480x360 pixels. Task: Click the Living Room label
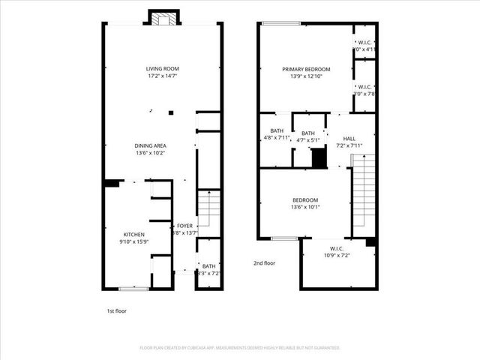pos(163,69)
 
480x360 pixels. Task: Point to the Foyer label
pos(184,226)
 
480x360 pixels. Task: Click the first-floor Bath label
pos(208,266)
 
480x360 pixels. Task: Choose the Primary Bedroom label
pos(306,70)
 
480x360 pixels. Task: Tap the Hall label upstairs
pos(349,139)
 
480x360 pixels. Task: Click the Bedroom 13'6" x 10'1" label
pos(305,200)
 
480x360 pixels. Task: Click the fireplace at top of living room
pos(163,18)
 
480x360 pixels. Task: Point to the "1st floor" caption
pos(116,309)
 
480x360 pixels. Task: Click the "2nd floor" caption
pos(264,263)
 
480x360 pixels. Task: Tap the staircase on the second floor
pos(363,191)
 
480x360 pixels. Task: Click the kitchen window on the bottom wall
pos(133,289)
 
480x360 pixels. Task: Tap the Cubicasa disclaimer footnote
pos(240,348)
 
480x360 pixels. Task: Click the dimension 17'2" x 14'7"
pos(163,76)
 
